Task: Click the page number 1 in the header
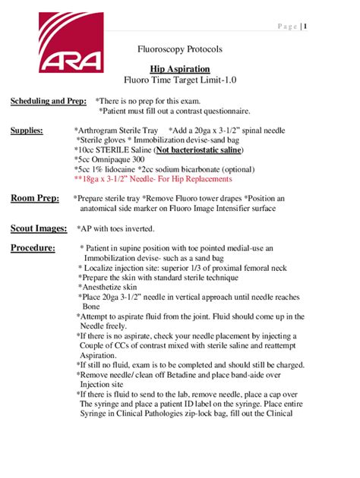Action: tap(305, 28)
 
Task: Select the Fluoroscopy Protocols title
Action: tap(179, 49)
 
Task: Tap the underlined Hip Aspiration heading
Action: tap(179, 68)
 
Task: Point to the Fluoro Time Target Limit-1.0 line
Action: tap(179, 80)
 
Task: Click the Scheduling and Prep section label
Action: tap(48, 101)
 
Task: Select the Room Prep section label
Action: tap(34, 198)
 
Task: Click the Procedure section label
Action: tap(33, 248)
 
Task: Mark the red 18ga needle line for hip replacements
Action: tap(153, 180)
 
